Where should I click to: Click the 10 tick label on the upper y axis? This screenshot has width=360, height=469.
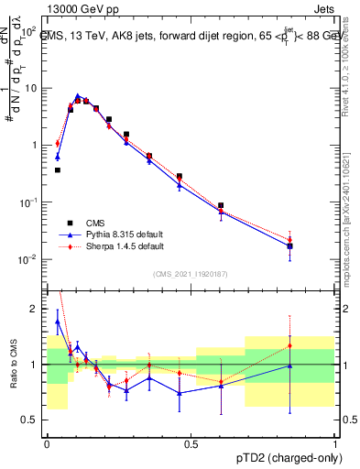[x=31, y=89]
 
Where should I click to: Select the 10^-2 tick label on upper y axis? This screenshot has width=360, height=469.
[x=29, y=259]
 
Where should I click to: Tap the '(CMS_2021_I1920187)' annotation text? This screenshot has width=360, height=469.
[x=191, y=273]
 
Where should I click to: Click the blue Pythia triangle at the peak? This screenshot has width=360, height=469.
[x=78, y=96]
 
